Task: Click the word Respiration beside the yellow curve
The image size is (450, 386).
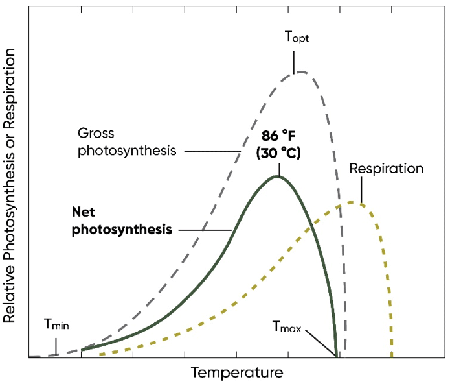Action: [x=386, y=169]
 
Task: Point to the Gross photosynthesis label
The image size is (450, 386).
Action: [x=126, y=142]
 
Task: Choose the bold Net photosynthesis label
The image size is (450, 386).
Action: [x=122, y=221]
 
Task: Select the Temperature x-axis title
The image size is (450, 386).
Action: [x=237, y=373]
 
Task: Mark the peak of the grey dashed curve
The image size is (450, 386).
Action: [x=300, y=71]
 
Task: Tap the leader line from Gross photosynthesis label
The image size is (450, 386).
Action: [x=210, y=151]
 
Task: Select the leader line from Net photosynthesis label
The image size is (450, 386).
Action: [x=205, y=230]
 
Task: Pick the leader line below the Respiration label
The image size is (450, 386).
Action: [x=361, y=191]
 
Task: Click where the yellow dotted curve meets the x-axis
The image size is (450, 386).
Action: [x=392, y=356]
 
